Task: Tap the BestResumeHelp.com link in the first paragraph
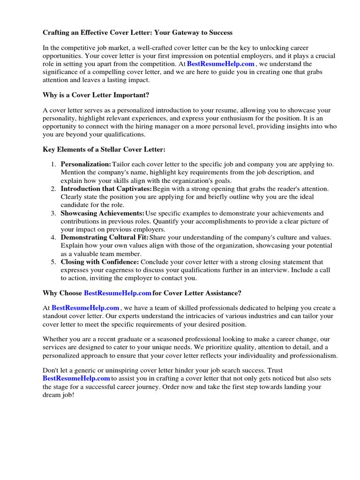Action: point(220,64)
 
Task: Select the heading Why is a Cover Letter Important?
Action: point(96,95)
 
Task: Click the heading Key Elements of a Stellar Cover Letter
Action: point(104,150)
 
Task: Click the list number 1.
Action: point(53,165)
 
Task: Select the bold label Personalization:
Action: point(86,165)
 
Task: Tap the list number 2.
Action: point(53,189)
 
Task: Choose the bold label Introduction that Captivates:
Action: point(106,189)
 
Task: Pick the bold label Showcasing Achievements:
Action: point(102,213)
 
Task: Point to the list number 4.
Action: point(53,238)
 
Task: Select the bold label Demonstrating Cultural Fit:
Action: point(104,238)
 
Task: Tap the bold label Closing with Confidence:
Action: point(99,262)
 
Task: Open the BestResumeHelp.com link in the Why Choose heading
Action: point(118,293)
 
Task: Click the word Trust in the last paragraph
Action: point(275,370)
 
